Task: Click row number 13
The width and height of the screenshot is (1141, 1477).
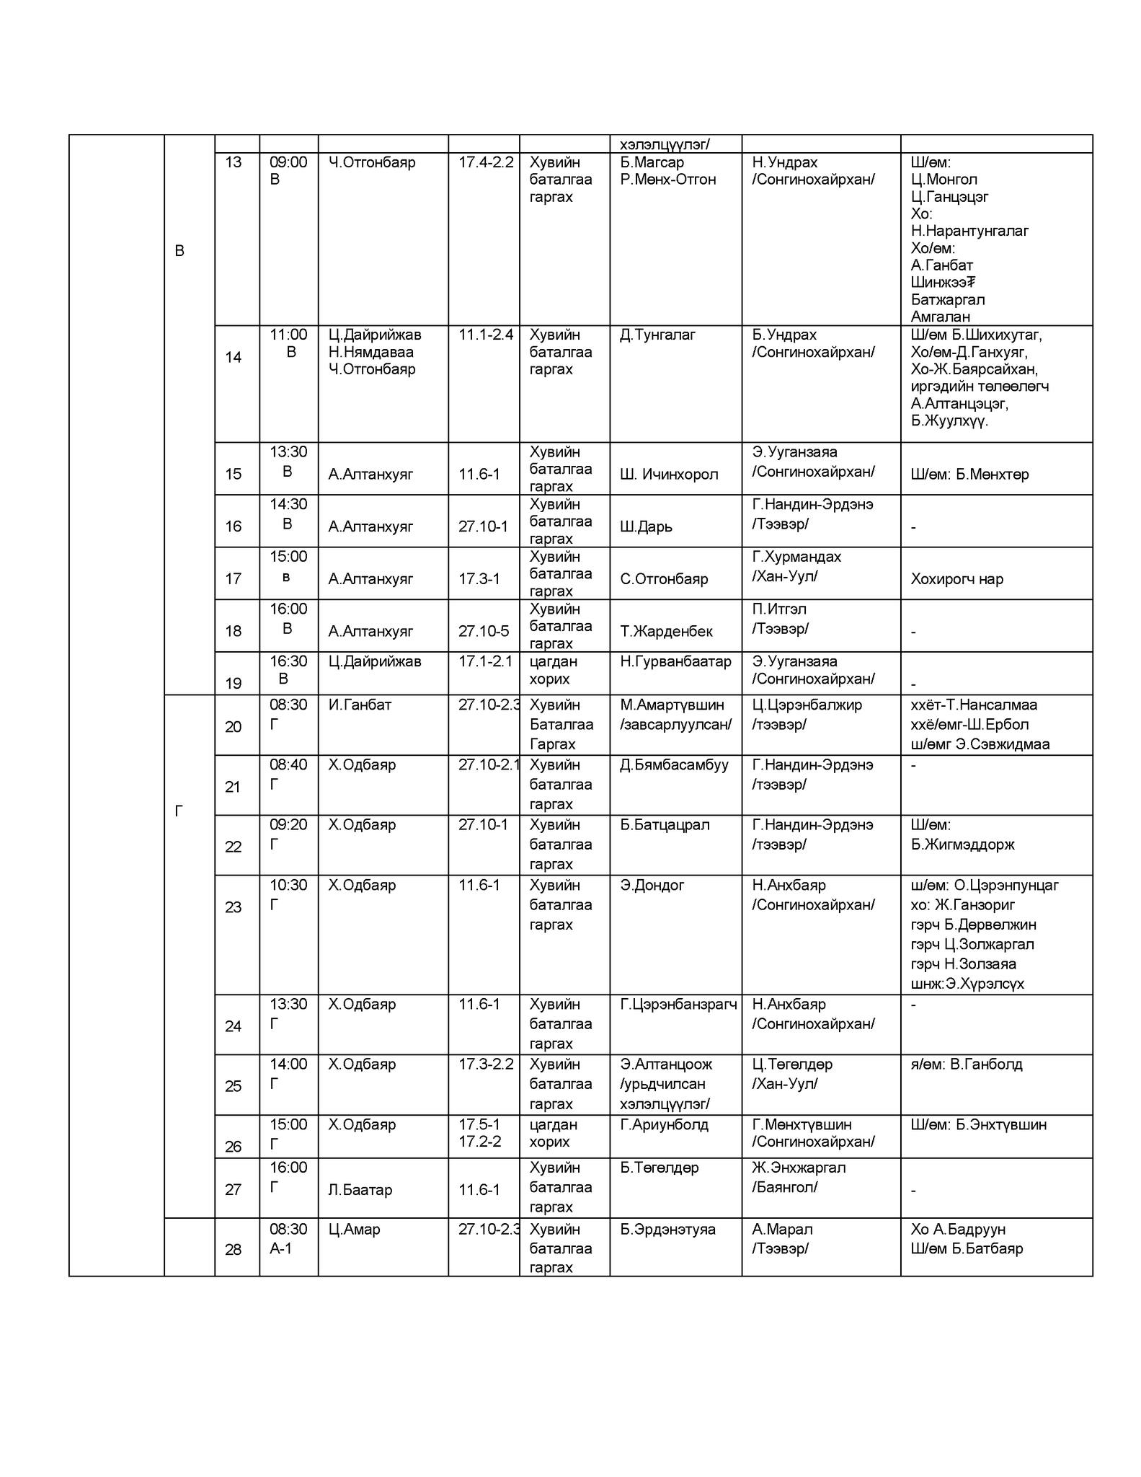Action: coord(233,162)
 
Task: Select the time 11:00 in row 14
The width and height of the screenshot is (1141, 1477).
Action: coord(288,335)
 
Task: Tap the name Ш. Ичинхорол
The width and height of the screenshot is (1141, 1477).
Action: coord(669,475)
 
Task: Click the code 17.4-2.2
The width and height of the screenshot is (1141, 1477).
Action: coord(486,162)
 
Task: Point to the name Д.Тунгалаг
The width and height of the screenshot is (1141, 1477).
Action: coord(657,335)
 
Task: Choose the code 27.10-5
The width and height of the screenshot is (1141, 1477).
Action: coord(484,631)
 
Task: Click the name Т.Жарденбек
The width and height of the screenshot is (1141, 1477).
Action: coord(666,631)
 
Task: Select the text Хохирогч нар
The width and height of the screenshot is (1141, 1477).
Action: coord(956,579)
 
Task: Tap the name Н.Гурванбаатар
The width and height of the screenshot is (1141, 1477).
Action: coord(675,661)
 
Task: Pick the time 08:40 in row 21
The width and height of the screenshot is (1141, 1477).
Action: coord(288,764)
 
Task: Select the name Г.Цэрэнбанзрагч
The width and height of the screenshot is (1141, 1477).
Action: coord(678,1004)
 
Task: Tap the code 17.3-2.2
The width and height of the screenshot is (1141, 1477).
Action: coord(486,1064)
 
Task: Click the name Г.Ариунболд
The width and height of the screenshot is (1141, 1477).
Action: coord(664,1124)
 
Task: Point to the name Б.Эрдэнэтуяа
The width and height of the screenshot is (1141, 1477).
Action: coord(667,1229)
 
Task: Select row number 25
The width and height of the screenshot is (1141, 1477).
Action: coord(233,1086)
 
